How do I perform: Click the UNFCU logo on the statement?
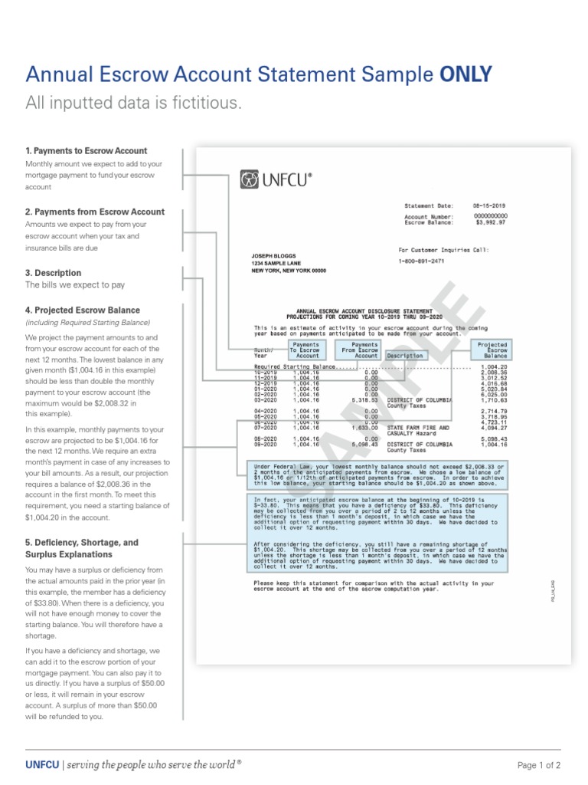276,179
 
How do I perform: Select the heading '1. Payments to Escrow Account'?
86,151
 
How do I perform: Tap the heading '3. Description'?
54,273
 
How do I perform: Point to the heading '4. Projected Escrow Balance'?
83,310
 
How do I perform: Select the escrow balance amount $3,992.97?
491,222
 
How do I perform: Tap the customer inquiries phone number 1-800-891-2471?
422,261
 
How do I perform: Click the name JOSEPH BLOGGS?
274,255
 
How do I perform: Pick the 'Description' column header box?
405,356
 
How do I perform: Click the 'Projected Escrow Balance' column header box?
492,350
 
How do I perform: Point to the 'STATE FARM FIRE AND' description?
418,427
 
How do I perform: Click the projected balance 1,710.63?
494,400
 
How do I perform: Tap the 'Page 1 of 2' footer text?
539,765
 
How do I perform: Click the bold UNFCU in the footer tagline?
41,764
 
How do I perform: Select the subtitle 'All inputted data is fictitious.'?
133,103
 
